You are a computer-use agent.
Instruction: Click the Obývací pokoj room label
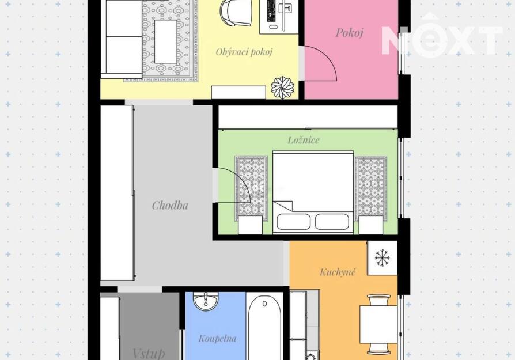tap(244, 52)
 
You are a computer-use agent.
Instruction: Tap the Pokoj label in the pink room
tap(350, 32)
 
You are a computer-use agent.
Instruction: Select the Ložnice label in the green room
tap(304, 140)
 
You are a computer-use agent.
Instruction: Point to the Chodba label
tap(170, 206)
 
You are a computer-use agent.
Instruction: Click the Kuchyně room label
tap(338, 272)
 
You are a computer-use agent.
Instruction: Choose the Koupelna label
tap(217, 338)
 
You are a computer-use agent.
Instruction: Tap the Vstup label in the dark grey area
tap(149, 354)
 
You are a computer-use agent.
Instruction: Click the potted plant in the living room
tap(282, 88)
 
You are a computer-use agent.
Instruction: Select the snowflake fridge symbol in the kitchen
tap(382, 258)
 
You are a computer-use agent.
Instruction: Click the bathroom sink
tap(206, 301)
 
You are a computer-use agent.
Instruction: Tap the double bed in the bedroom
tap(313, 192)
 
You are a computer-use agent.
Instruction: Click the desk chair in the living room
tap(236, 13)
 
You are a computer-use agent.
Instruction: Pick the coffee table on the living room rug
tap(166, 41)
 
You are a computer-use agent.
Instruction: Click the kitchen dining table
tap(378, 324)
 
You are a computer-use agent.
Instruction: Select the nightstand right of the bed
tap(371, 225)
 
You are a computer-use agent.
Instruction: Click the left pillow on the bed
tap(293, 222)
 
